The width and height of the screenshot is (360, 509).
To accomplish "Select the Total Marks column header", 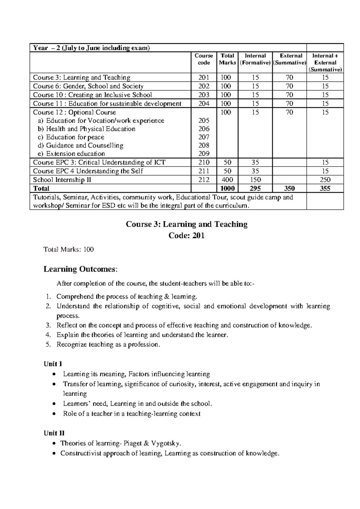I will [x=227, y=59].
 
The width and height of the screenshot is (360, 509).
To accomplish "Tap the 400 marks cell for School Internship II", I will [x=226, y=180].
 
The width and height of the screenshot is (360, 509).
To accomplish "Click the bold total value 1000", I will [x=227, y=188].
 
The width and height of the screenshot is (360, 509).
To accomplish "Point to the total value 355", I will [x=325, y=188].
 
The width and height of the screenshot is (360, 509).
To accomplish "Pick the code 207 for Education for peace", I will [x=204, y=137].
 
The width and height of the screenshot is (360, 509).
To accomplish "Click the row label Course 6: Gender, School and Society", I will [x=88, y=86].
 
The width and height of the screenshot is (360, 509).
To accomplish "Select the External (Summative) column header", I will [x=289, y=59].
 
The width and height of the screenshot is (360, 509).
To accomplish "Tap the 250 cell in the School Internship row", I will [x=325, y=180].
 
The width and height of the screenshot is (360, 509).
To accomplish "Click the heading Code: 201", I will [x=186, y=236].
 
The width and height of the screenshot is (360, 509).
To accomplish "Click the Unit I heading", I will [x=53, y=364].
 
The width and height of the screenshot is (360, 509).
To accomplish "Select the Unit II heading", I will [x=54, y=433].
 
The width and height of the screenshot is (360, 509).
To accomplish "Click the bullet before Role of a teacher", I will [x=54, y=414].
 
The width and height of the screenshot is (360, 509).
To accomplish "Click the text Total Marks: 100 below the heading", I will [x=69, y=249].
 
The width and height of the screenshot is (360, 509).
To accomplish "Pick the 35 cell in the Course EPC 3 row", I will [x=255, y=162].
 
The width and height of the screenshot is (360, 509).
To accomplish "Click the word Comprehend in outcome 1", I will [x=75, y=297].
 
